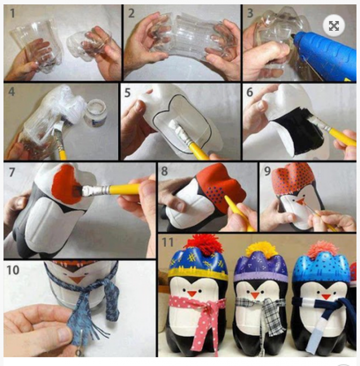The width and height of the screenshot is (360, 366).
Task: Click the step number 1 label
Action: tap(12, 13)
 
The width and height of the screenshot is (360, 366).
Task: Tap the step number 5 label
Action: tap(128, 93)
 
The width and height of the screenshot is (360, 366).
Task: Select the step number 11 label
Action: tap(167, 242)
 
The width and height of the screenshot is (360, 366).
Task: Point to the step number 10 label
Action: tap(13, 270)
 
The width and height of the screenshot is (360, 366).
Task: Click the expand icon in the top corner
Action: tap(334, 26)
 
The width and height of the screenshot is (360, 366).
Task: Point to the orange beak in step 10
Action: tap(76, 279)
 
